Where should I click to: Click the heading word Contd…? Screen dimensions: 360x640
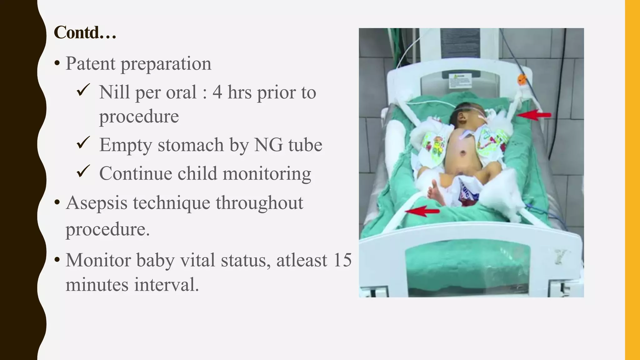pos(85,32)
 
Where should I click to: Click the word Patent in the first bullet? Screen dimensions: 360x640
pos(90,63)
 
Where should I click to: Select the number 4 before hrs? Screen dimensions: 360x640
pos(217,92)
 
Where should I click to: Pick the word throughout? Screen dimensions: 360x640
pos(259,202)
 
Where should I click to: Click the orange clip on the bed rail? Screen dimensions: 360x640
pos(522,80)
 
